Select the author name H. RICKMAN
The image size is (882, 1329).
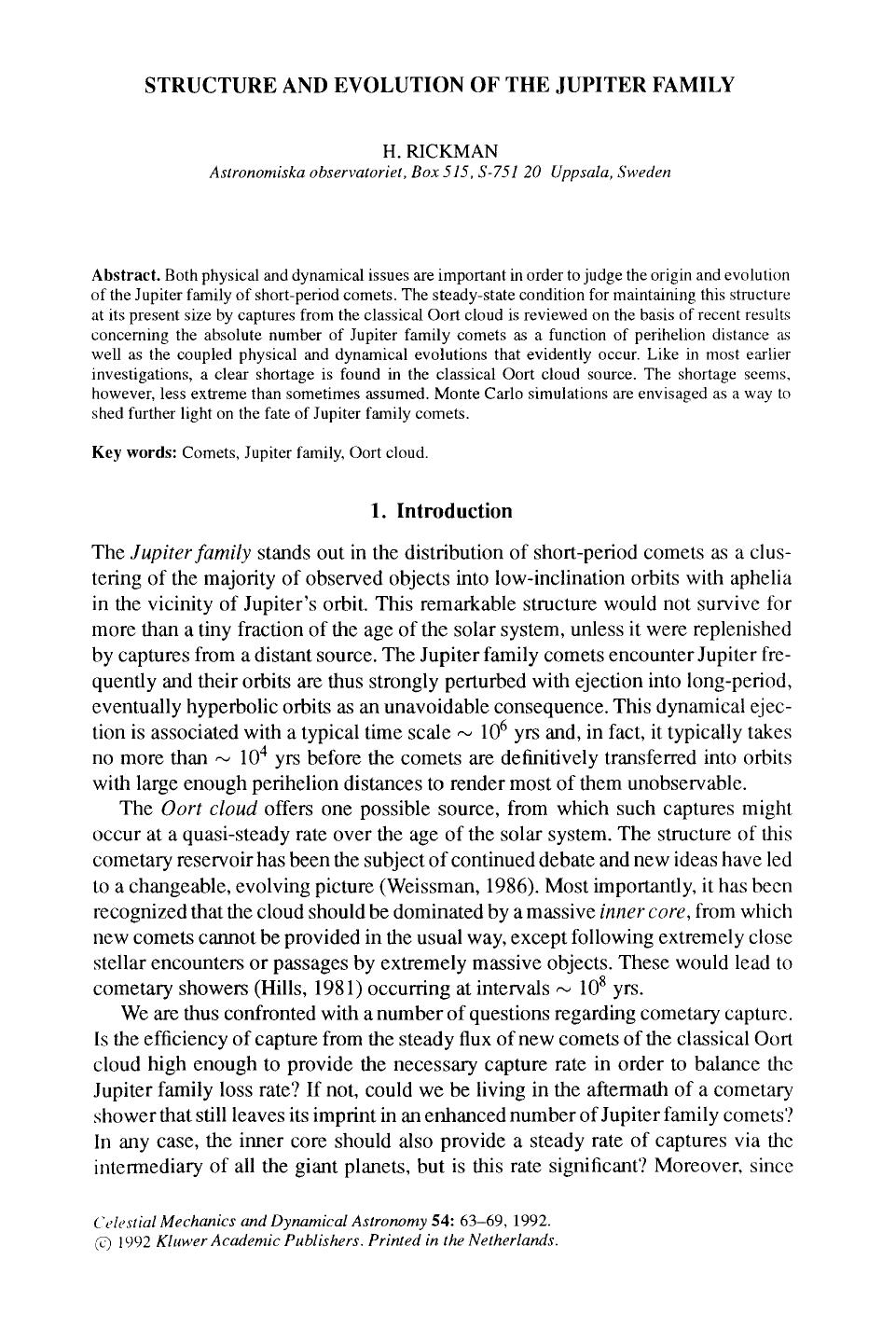click(x=440, y=150)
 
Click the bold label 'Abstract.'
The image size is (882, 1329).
click(x=126, y=275)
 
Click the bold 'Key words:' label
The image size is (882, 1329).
click(x=134, y=453)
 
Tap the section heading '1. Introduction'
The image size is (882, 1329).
click(x=441, y=511)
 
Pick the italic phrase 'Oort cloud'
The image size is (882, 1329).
click(x=196, y=808)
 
